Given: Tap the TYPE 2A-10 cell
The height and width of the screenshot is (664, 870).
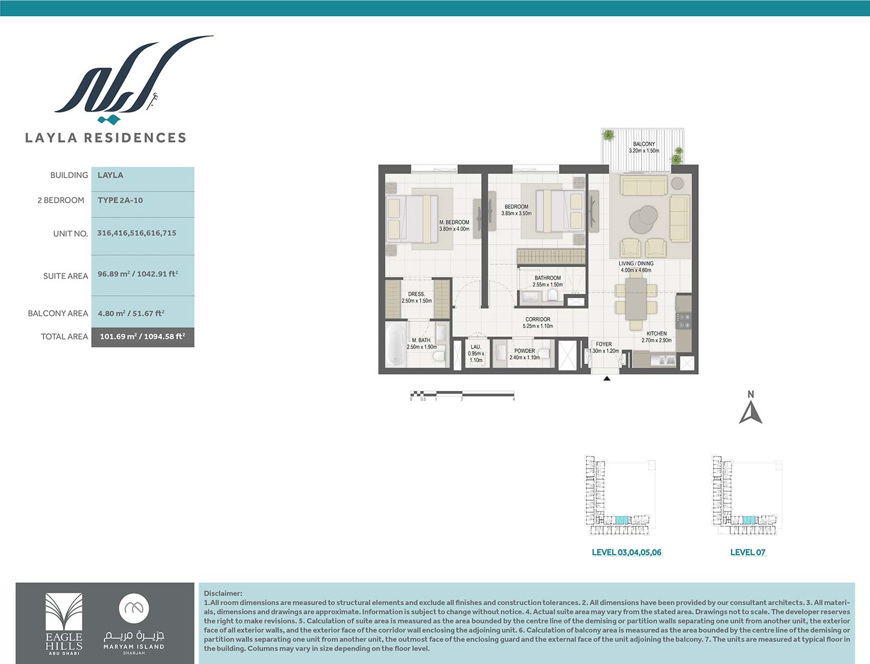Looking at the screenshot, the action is coord(142,204).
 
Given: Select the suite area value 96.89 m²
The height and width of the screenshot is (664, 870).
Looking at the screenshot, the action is coord(113,274).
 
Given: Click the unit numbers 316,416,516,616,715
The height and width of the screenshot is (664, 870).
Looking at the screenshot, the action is coord(136,233).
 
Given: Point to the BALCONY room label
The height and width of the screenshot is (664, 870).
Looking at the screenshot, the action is coord(644,144).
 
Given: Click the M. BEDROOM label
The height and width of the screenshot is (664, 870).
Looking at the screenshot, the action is coord(454,222).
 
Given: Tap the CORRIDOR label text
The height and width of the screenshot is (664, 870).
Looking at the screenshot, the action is coord(538,319).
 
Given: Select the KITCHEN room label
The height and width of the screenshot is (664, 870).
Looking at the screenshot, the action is coord(656,333).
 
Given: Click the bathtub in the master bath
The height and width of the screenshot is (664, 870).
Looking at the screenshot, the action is coord(396,344).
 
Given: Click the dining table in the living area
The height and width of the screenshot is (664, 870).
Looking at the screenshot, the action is coord(636,299).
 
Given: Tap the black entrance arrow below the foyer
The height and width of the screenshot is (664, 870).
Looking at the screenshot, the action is coord(607,378).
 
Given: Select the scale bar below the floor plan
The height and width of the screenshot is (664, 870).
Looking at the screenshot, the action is coord(462,394).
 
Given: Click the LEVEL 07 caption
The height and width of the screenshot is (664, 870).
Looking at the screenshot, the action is coord(748,552).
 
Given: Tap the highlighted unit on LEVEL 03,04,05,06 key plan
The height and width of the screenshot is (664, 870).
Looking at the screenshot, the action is coord(622,520).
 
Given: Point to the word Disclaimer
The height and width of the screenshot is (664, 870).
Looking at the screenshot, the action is coord(223,593).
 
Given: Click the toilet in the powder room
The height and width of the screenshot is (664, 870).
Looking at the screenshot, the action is coord(544,353).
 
